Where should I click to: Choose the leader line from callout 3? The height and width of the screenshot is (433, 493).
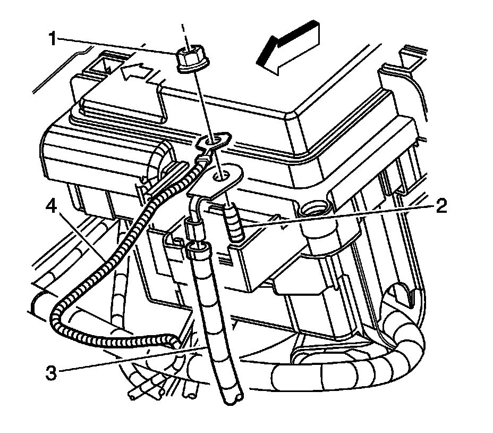pyautogui.click(x=127, y=362)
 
